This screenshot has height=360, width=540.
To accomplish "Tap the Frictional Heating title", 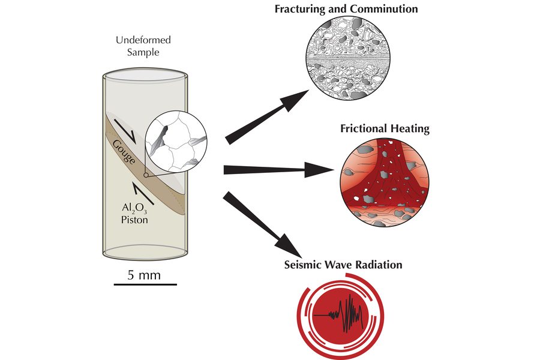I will (x=385, y=128).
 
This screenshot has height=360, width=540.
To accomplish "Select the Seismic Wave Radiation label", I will (x=343, y=264).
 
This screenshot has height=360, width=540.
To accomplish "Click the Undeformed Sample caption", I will (x=143, y=46).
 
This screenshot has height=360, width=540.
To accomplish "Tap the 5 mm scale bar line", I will (x=144, y=282).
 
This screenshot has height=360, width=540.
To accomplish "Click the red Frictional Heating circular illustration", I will (x=384, y=182).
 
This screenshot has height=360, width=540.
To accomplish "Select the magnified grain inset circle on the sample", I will (x=176, y=146).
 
